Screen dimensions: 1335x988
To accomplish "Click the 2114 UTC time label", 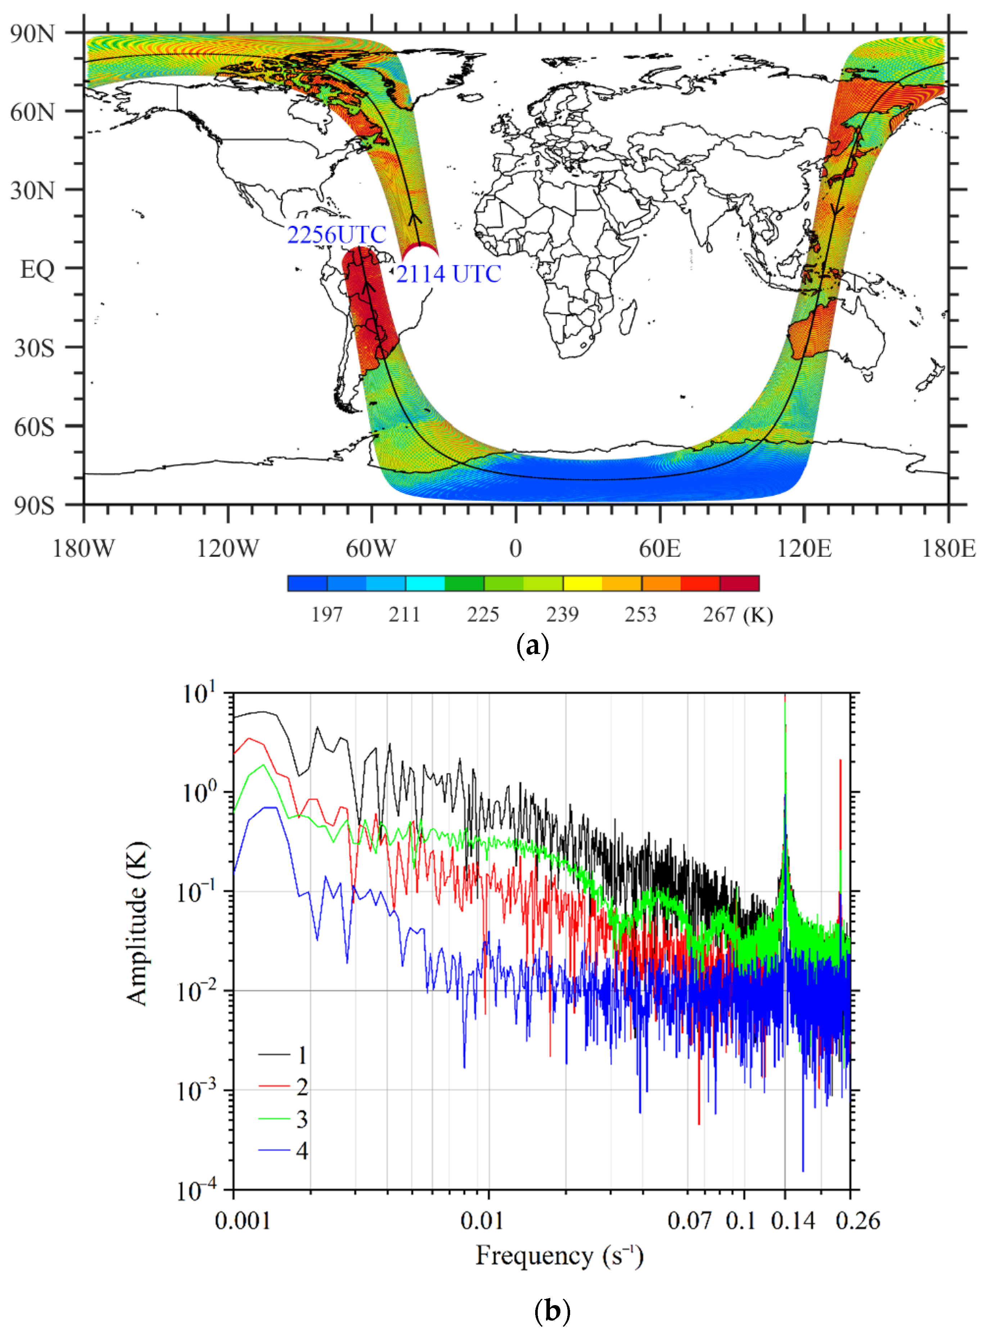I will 448,274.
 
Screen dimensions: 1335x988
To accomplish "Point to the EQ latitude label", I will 37,269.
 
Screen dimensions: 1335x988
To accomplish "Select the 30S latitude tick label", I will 34,347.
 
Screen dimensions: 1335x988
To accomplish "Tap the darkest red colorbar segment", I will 739,583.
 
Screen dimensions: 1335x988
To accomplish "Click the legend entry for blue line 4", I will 284,1150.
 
